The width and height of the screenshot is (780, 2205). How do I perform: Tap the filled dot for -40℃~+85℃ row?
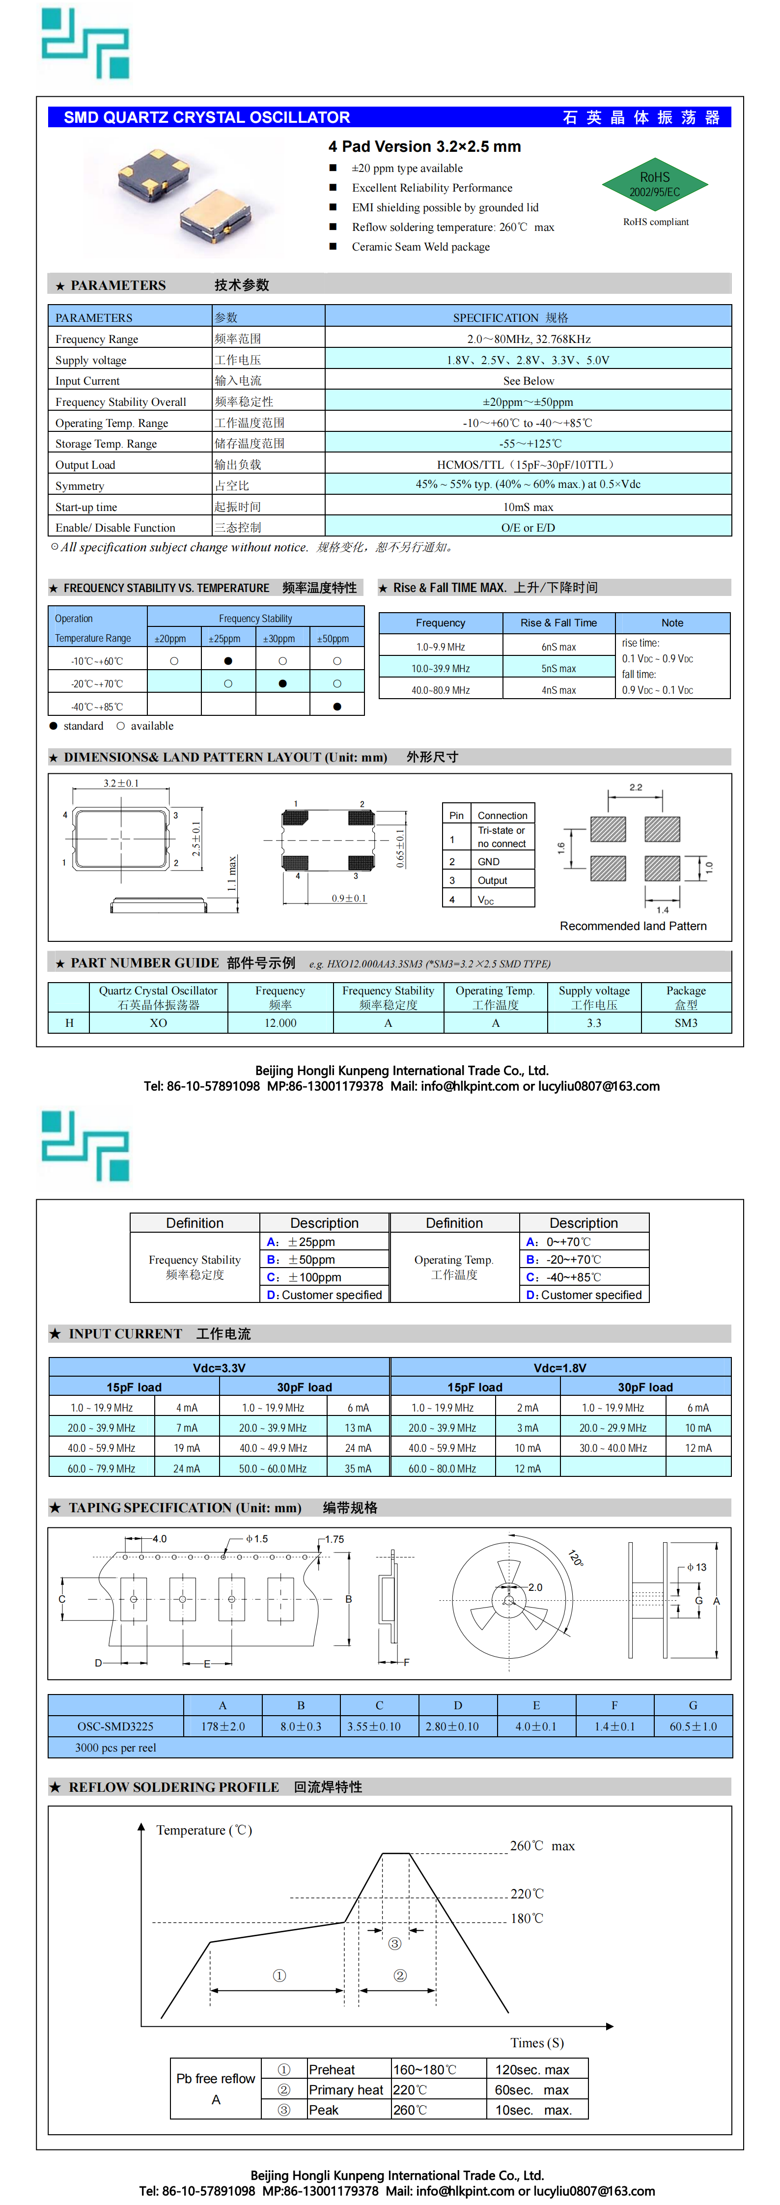(336, 706)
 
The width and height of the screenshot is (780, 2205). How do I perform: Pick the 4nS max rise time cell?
(558, 690)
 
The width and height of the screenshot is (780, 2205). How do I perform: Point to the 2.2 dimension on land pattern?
(635, 787)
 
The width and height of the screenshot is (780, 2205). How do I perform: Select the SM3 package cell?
(686, 1023)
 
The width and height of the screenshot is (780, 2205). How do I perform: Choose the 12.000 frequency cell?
(280, 1023)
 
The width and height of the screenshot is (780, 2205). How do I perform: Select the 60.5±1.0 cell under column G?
(693, 1726)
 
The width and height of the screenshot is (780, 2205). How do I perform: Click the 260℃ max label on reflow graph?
(542, 1845)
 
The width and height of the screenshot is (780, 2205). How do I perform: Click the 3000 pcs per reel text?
(115, 1748)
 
